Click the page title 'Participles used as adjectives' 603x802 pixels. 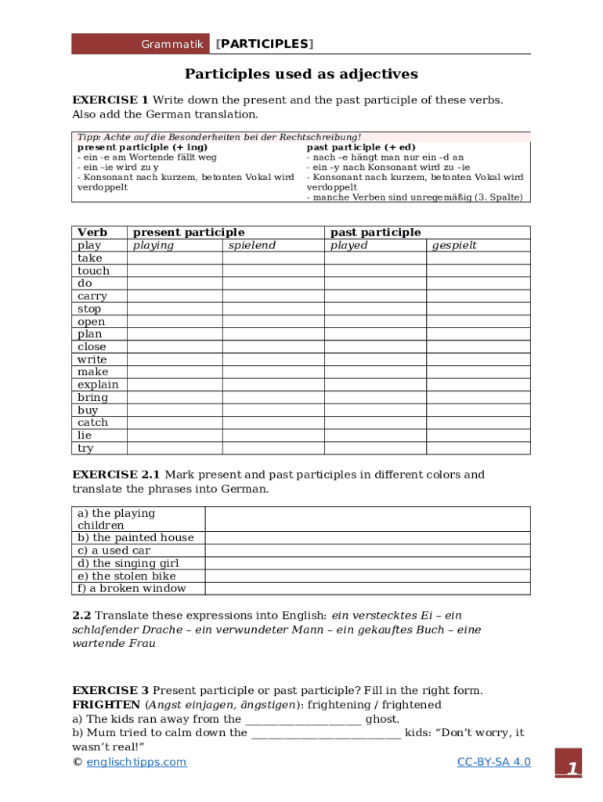[x=301, y=74]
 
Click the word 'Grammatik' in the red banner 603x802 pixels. [x=172, y=44]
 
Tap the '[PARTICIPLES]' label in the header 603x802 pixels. [x=264, y=44]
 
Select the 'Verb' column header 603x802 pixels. [x=92, y=233]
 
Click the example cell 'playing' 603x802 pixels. [x=153, y=245]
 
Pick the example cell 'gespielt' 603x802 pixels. [x=454, y=245]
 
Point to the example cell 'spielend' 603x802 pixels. [x=251, y=245]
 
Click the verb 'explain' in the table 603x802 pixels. [x=98, y=385]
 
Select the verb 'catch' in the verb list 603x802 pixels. [x=92, y=423]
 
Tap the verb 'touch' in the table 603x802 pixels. [x=93, y=271]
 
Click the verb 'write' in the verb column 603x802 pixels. [x=92, y=359]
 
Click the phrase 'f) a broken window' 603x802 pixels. [x=132, y=588]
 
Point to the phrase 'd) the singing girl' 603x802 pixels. [x=128, y=563]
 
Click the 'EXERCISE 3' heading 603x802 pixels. [x=110, y=690]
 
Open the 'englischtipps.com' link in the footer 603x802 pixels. [x=136, y=762]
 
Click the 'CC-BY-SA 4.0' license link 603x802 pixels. [x=493, y=762]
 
